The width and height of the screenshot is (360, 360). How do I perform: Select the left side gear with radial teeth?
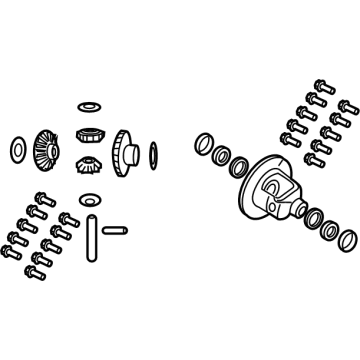[43, 150]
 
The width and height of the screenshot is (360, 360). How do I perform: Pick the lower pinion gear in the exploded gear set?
[86, 167]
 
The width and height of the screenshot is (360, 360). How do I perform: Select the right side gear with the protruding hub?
[124, 151]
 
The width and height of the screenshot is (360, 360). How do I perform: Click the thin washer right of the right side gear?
[152, 153]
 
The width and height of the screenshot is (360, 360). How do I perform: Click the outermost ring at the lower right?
[345, 241]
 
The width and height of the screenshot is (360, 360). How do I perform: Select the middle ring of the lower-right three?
[327, 229]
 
